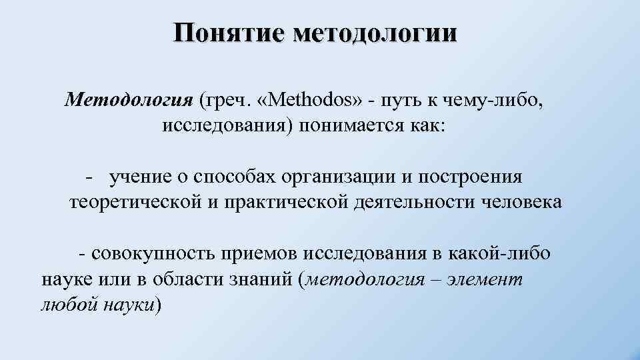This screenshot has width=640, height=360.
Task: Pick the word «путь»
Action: click(403, 100)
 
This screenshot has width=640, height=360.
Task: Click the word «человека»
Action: click(522, 202)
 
